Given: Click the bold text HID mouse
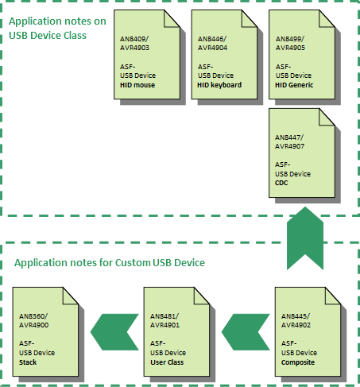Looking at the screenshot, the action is pos(137,85).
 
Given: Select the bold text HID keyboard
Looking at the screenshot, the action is pos(219,85).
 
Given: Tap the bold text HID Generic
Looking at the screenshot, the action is pos(294,85).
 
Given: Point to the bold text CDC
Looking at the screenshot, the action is pos(281,183).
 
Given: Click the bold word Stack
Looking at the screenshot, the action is pos(28,362).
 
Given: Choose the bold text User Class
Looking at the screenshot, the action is pos(167,362).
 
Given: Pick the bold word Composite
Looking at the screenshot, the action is pos(298,362).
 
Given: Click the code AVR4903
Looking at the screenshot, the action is pos(134,48).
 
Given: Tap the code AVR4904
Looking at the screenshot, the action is pos(212,48).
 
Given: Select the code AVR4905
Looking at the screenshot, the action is pos(290,48).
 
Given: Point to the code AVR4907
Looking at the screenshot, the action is pos(289,146).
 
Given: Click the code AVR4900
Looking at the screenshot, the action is pos(33,325).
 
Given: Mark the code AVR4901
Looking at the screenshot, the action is pos(165,325).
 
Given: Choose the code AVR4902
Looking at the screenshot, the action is pos(296,325).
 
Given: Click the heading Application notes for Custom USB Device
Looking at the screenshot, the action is pos(110,263).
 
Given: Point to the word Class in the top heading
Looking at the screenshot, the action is pos(75,36).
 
